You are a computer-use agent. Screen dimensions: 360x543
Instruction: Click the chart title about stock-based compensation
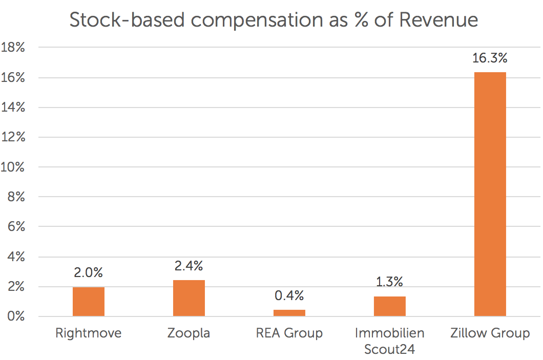coord(274,20)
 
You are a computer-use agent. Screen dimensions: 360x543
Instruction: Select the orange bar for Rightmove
coord(89,302)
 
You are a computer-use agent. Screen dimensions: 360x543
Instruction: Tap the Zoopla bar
coord(189,298)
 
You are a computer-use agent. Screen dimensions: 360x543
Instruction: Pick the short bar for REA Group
coord(289,313)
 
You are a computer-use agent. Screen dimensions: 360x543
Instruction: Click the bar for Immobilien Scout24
coord(390,306)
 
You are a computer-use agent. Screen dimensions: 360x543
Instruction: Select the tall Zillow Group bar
coord(490,195)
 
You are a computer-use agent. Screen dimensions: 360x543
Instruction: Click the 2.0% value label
coord(89,272)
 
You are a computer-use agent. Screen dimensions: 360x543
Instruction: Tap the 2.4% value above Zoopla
coord(189,266)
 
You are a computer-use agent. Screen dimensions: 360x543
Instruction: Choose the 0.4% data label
coord(289,295)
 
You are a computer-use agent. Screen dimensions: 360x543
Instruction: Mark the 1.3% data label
coord(390,282)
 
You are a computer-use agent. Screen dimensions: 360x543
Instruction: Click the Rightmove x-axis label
coord(89,333)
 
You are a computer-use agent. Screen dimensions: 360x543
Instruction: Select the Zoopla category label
coord(189,333)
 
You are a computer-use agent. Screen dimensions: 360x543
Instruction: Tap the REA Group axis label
coord(289,333)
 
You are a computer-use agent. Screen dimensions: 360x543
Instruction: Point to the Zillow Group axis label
coord(490,333)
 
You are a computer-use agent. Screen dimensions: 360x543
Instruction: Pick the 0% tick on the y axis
coord(16,316)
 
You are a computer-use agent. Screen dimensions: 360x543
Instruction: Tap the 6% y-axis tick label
coord(16,227)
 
